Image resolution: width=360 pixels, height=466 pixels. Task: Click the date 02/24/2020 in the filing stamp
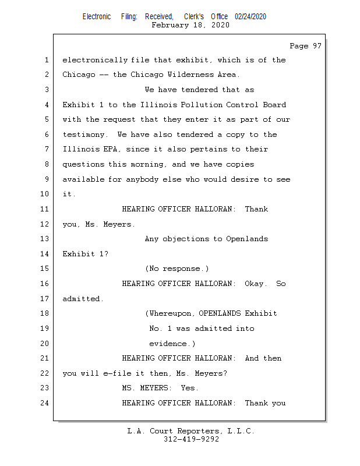pos(250,17)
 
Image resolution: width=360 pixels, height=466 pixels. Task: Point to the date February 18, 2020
pos(190,25)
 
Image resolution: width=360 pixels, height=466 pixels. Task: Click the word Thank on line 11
pos(256,209)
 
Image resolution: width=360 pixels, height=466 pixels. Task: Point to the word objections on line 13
pos(185,239)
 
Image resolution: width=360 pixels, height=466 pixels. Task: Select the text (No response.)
pos(177,269)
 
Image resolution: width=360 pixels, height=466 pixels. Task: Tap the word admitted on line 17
pos(82,299)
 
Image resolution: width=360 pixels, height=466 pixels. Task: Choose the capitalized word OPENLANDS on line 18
pos(220,313)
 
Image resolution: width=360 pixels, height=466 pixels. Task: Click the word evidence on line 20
pos(170,344)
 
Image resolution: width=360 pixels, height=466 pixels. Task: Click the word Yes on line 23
pos(189,388)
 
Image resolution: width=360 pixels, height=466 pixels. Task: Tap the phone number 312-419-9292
pos(191,439)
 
